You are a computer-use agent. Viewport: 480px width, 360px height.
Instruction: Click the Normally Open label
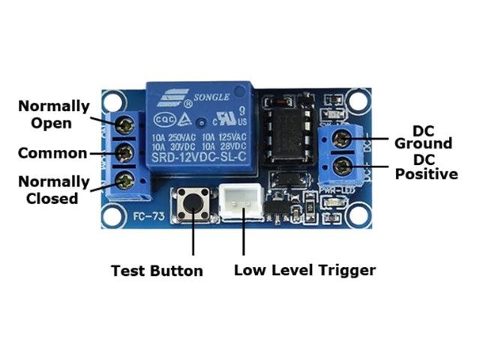(53, 114)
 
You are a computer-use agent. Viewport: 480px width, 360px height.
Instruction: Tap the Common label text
(52, 154)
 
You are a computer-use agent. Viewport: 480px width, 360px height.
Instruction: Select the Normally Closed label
(52, 190)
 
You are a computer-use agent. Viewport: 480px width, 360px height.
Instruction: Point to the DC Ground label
(423, 136)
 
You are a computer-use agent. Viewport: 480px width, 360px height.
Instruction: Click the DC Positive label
(426, 167)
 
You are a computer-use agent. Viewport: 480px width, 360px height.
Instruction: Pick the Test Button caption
(156, 271)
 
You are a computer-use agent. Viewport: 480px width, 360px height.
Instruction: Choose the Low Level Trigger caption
(304, 270)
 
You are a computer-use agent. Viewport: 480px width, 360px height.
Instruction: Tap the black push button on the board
(193, 202)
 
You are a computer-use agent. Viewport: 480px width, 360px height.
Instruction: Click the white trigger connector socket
(241, 202)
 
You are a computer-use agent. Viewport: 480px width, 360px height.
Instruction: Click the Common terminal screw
(125, 153)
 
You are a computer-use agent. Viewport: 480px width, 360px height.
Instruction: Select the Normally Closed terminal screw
(125, 180)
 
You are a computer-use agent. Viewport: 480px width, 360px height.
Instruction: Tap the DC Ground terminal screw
(343, 139)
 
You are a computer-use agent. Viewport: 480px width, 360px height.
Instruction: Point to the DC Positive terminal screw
(343, 166)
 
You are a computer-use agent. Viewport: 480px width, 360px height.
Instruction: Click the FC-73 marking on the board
(145, 218)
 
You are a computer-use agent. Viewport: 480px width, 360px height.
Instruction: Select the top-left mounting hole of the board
(113, 99)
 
